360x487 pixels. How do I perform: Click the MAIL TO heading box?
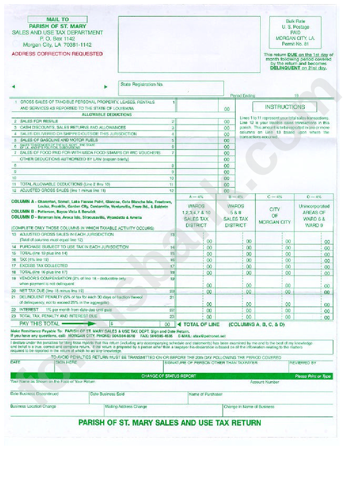[57, 19]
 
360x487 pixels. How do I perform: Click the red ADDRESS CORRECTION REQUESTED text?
[57, 54]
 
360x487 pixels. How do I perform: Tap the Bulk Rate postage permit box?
[295, 33]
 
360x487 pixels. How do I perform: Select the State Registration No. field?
[172, 88]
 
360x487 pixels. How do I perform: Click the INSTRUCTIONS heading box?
[285, 107]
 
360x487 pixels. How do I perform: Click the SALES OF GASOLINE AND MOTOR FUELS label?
[59, 140]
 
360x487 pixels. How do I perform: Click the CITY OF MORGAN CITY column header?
[274, 215]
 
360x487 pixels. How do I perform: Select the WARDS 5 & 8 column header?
[235, 215]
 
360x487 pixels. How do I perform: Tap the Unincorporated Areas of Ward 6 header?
[314, 215]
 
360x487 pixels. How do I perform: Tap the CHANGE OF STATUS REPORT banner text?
[169, 376]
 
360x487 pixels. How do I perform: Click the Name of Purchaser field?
[261, 398]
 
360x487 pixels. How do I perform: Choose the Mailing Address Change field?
[163, 410]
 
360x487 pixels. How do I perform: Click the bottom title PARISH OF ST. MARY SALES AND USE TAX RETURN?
[169, 423]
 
